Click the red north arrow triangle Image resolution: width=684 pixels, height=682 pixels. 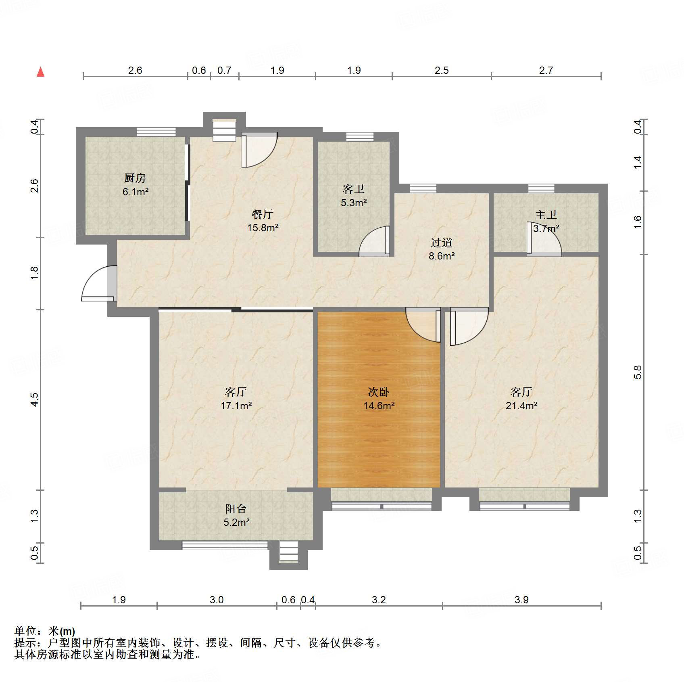40,72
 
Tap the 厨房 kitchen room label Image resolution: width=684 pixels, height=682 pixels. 135,178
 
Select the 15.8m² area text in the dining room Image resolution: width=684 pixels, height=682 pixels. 263,228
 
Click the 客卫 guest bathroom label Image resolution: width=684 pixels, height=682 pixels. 354,189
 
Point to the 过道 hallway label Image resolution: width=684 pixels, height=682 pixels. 442,243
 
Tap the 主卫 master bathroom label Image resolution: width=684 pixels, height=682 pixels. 546,215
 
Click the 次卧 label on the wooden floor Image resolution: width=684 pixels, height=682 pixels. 379,392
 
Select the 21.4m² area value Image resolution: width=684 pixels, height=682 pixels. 521,406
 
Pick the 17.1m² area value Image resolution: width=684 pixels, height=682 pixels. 236,406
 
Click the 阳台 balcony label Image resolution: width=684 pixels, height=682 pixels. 236,508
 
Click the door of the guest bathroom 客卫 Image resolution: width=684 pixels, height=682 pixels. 374,241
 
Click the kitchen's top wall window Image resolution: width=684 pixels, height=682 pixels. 156,132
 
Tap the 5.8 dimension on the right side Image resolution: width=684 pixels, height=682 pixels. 637,372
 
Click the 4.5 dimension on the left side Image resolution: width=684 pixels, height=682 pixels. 35,400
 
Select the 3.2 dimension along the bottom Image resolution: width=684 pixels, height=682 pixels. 379,600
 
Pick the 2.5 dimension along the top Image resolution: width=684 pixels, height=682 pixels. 442,70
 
